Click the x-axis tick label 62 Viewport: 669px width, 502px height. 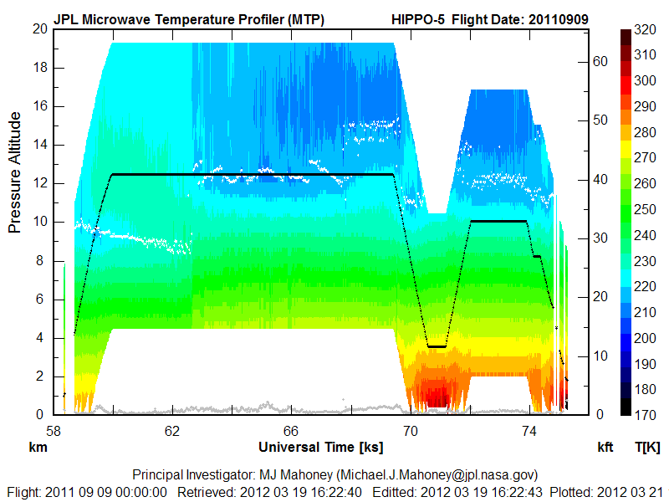[x=172, y=432]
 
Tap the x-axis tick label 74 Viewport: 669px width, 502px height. [x=529, y=432]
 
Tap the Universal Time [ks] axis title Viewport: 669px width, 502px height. [x=321, y=447]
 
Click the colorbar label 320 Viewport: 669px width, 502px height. [x=644, y=29]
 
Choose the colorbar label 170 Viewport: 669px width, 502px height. [x=644, y=414]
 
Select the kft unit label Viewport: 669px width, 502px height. [x=605, y=448]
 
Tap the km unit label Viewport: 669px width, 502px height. [x=37, y=448]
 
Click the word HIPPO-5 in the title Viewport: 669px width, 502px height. [x=419, y=18]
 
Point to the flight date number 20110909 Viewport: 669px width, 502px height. [x=558, y=18]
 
